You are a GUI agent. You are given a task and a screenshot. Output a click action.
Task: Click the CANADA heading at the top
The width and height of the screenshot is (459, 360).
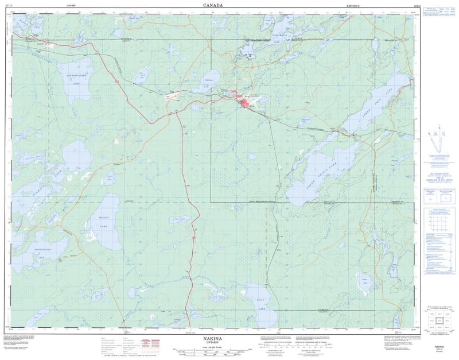coord(214,5)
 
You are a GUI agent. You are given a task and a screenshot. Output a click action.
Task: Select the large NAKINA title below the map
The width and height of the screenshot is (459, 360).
coord(213,339)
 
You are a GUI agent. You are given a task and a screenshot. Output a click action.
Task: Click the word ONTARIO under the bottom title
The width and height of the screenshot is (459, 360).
coord(213,343)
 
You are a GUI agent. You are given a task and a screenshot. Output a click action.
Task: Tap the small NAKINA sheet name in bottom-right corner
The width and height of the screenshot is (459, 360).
coord(439,347)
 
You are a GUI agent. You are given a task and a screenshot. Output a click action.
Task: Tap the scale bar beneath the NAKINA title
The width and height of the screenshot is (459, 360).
coord(213,350)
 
